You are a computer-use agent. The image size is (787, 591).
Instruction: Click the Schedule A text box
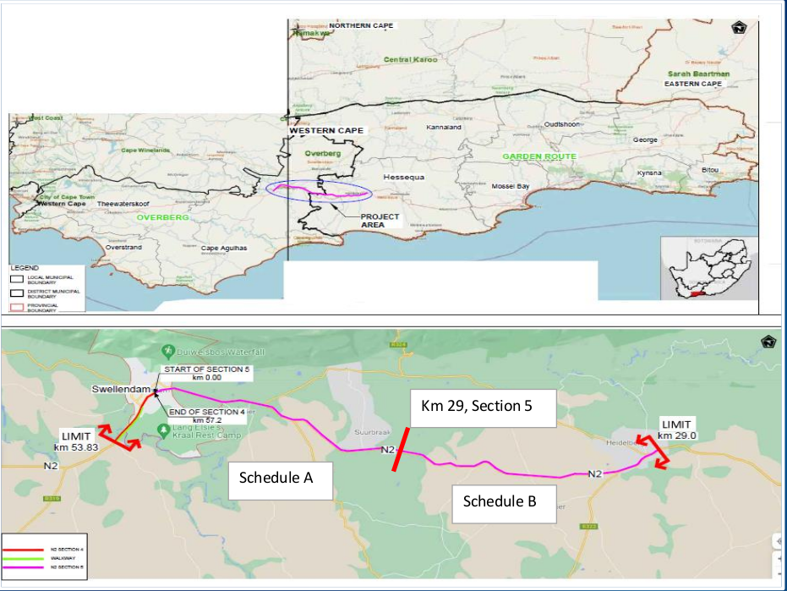coord(276,478)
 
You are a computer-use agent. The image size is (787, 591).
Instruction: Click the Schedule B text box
coord(500,501)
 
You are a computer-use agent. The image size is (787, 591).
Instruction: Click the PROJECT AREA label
coord(380,221)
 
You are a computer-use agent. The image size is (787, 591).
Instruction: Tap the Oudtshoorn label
coord(563,124)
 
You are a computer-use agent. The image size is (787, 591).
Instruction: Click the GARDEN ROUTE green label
coord(539,156)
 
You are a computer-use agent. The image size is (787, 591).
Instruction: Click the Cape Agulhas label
coord(222,248)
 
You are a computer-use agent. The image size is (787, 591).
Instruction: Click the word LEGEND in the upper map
coord(24,267)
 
